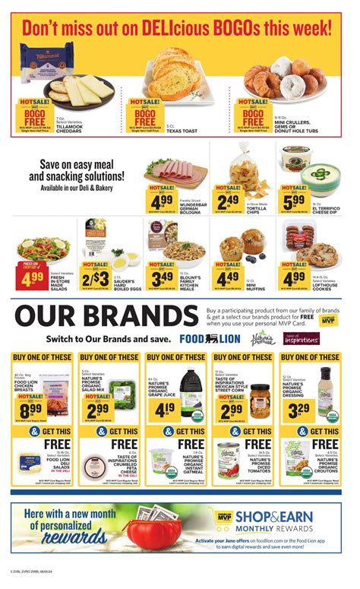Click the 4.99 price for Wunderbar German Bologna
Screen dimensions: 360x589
pos(163,201)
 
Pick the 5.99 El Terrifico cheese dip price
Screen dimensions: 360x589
pos(296,201)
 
